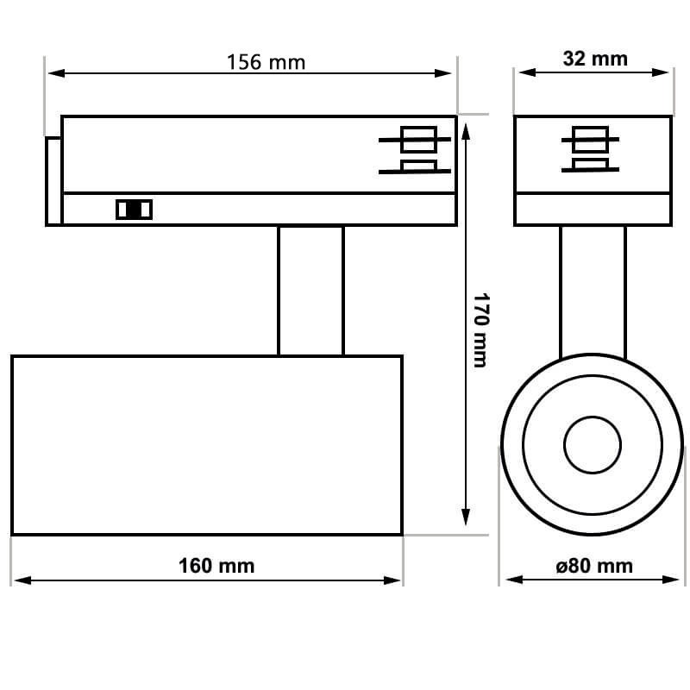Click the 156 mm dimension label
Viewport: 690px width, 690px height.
click(x=266, y=62)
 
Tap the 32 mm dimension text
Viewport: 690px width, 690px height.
click(x=595, y=59)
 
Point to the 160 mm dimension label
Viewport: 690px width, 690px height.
click(x=216, y=566)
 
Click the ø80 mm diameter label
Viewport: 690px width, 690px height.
click(x=594, y=566)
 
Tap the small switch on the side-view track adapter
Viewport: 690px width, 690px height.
click(x=134, y=209)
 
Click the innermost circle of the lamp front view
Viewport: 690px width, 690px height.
click(x=593, y=445)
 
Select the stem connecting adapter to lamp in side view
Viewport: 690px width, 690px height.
click(x=310, y=291)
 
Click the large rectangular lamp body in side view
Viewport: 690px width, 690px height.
click(x=207, y=445)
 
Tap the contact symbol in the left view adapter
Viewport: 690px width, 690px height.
click(x=417, y=152)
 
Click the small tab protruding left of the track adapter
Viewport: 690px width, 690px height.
click(x=53, y=181)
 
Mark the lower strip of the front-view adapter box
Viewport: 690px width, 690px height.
click(x=593, y=210)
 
